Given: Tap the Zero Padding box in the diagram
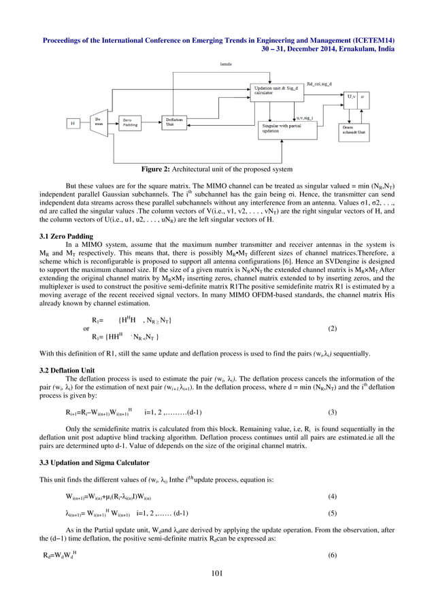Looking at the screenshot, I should coord(131,123).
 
